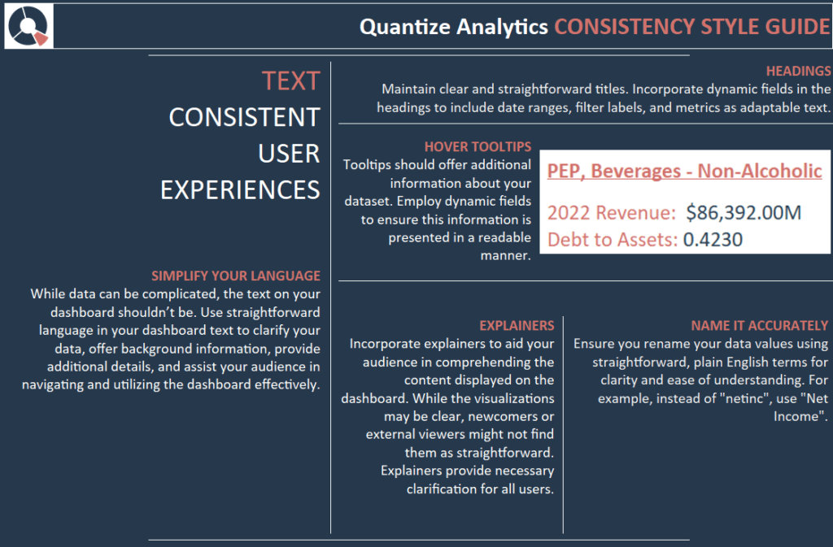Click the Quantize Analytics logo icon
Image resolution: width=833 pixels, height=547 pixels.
[28, 26]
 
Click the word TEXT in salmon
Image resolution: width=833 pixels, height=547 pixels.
[290, 81]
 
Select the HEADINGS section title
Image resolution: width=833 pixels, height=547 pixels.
[798, 71]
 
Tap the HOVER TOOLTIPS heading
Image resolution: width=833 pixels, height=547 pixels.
[478, 146]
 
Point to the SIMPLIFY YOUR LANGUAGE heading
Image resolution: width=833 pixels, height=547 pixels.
[236, 276]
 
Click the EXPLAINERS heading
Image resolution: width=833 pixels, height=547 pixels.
[517, 325]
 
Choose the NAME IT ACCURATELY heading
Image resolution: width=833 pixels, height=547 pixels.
[759, 325]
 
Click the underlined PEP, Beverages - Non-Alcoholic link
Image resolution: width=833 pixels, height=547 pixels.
[684, 171]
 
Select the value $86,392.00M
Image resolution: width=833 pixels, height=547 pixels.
[744, 213]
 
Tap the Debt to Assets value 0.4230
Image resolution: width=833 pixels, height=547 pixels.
[713, 240]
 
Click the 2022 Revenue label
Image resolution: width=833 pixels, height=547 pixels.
[612, 213]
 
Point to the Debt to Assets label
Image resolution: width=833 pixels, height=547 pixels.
[613, 240]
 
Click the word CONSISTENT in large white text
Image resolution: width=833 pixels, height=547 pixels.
[244, 117]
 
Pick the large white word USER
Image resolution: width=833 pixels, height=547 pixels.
[289, 154]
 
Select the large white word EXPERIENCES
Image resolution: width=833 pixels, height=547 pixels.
[240, 190]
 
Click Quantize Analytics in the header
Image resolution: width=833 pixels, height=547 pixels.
[454, 27]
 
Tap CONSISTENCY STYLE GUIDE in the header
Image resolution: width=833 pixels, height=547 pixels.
[691, 27]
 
